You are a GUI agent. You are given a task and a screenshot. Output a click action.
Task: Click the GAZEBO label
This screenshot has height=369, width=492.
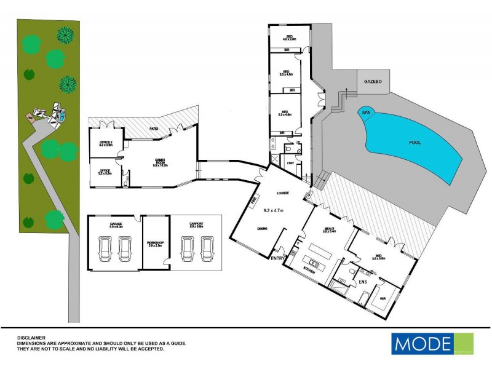click(x=373, y=81)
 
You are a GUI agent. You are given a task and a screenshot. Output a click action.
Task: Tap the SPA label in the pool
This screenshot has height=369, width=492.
click(x=366, y=113)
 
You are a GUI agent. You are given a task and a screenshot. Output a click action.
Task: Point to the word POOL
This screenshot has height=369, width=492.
click(x=416, y=142)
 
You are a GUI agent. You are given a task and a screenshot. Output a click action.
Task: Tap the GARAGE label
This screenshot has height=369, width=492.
click(x=117, y=224)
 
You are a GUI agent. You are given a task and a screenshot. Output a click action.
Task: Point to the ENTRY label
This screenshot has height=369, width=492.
click(x=277, y=259)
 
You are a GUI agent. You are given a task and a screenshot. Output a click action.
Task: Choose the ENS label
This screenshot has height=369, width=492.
click(x=363, y=282)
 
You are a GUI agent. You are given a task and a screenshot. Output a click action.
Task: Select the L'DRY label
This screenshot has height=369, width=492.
click(x=291, y=162)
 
